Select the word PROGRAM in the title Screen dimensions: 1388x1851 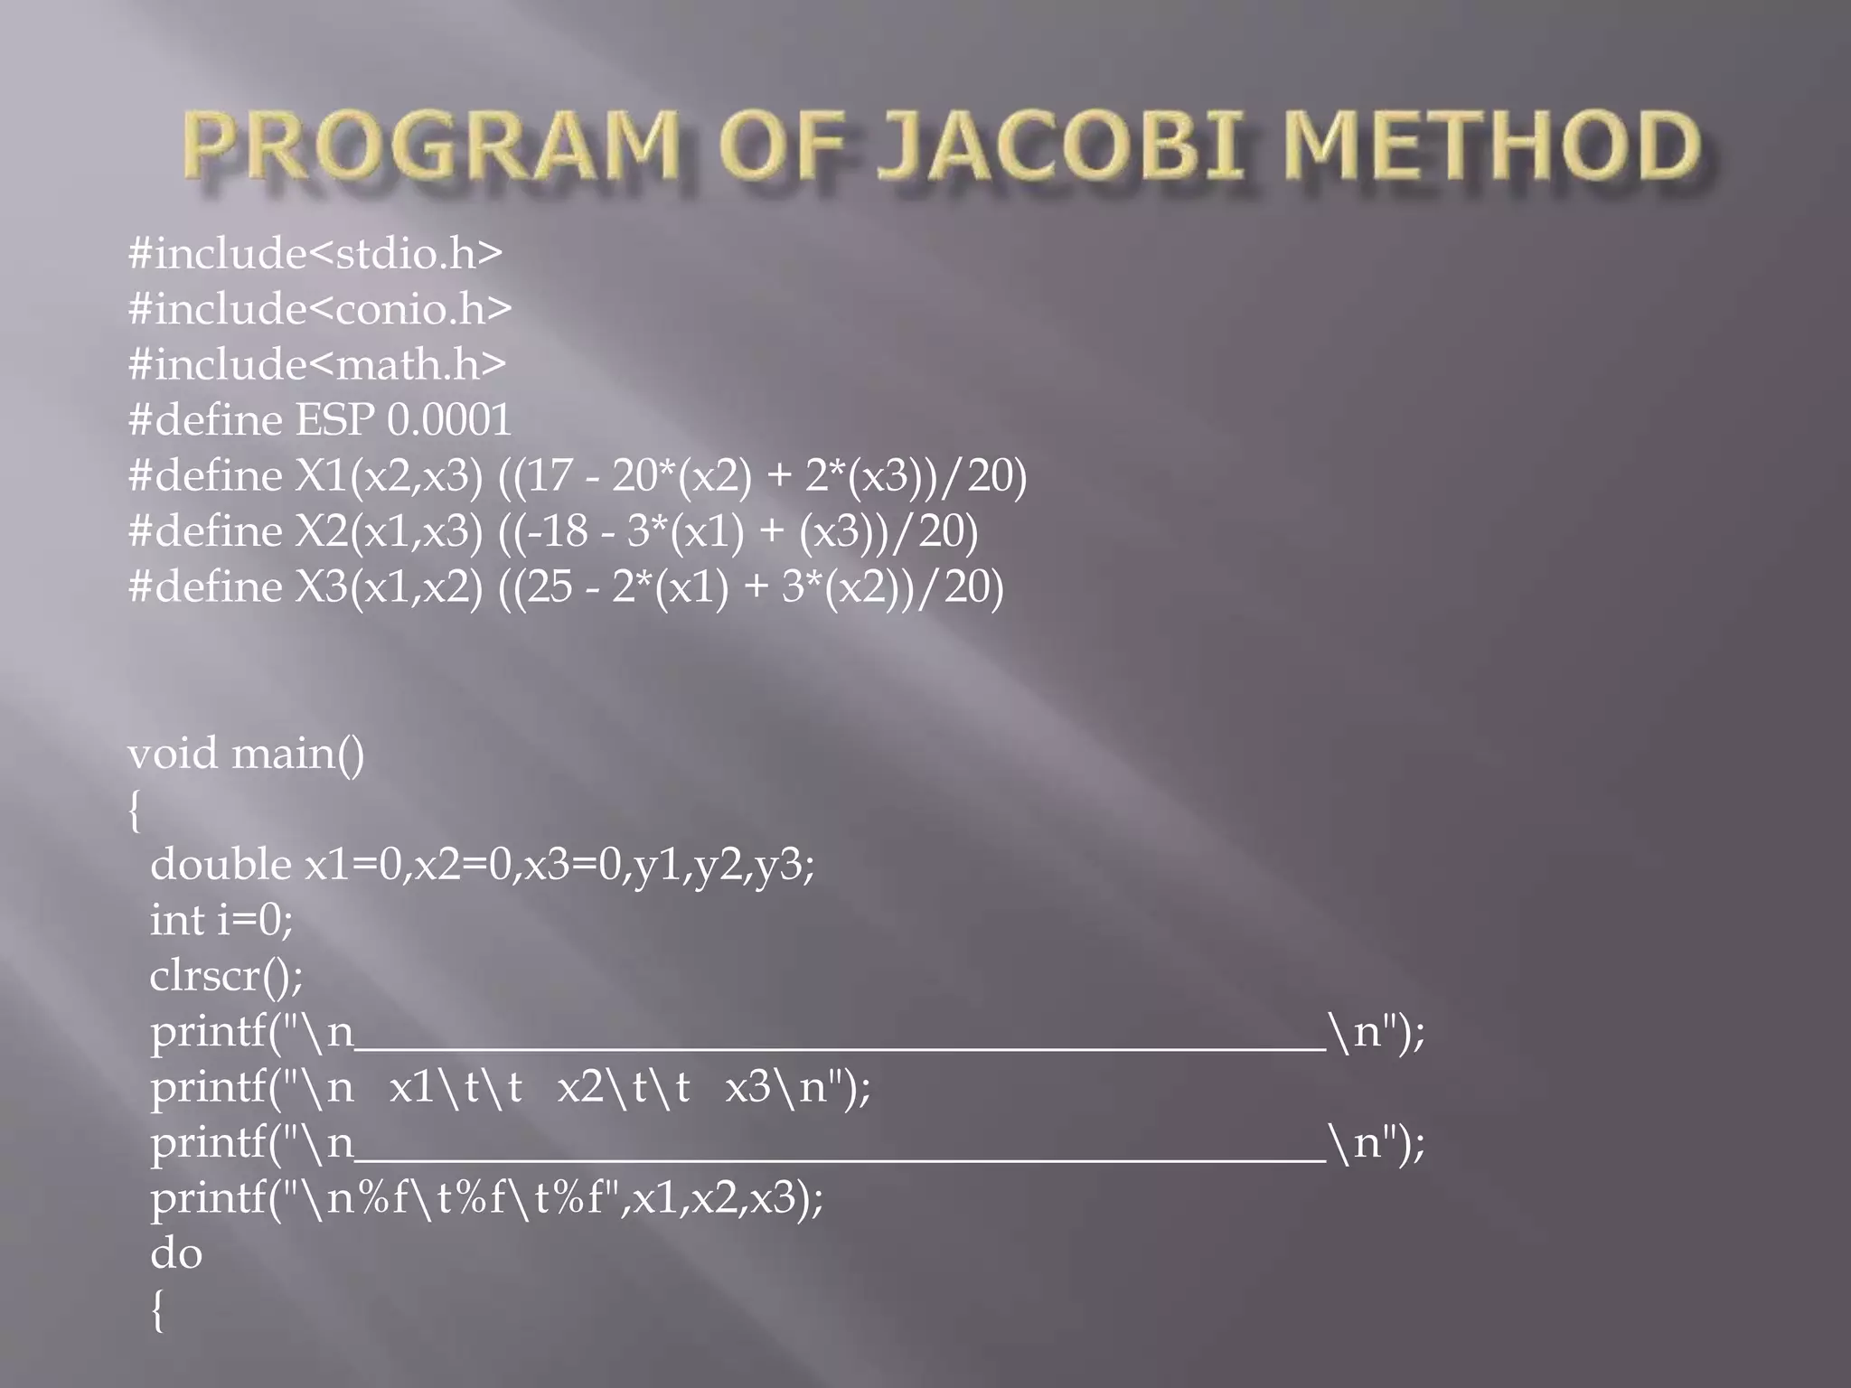tap(432, 145)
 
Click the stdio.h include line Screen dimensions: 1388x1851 tap(315, 253)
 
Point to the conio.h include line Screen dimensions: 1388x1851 tap(320, 309)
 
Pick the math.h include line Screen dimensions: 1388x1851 tap(316, 364)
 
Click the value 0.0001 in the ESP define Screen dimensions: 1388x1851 tap(449, 420)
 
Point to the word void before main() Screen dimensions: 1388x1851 tap(173, 754)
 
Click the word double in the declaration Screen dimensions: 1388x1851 tap(221, 865)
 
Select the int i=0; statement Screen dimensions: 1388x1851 tap(221, 921)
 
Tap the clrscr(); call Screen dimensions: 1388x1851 tap(226, 976)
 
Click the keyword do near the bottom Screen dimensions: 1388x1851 tap(176, 1253)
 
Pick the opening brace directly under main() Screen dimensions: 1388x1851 tap(135, 811)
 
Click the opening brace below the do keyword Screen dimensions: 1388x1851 tap(158, 1310)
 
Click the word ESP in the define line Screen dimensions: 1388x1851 tap(334, 420)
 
